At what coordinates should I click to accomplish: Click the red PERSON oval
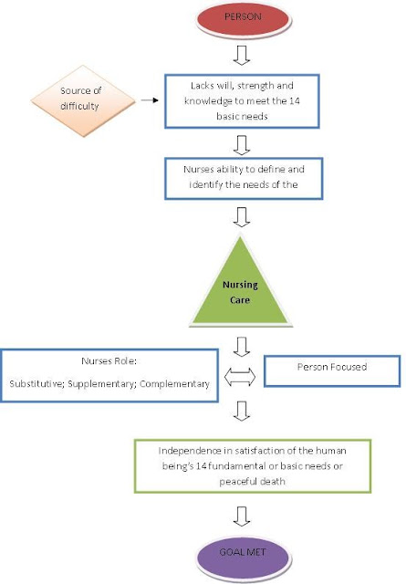[243, 19]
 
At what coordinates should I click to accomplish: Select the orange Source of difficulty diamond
[83, 101]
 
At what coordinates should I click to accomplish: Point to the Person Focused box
[332, 371]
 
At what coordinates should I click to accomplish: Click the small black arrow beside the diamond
[150, 100]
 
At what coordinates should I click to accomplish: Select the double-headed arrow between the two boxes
[240, 377]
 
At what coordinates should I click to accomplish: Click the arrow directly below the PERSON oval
[242, 56]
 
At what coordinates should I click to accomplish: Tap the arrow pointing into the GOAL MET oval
[242, 516]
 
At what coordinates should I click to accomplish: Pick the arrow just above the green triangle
[242, 217]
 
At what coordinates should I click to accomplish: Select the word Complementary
[174, 384]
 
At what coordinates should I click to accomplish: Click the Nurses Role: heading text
[109, 361]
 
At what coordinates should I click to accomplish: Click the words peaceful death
[252, 482]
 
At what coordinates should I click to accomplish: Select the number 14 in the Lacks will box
[295, 101]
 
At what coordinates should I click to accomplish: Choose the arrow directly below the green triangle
[242, 347]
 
